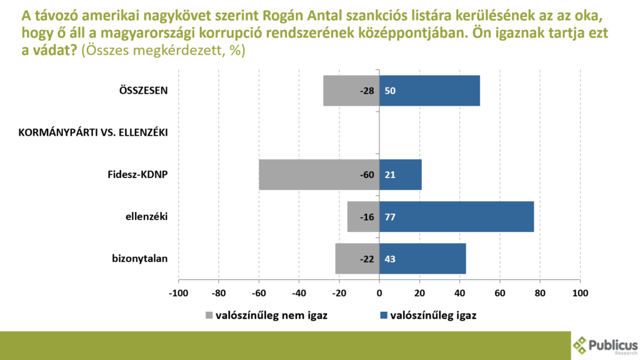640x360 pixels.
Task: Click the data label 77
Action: click(x=390, y=217)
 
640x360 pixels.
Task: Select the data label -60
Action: click(x=367, y=174)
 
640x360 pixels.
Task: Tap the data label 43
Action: click(x=390, y=259)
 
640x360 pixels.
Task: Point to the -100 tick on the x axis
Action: click(x=179, y=292)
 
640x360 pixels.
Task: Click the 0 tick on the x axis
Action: click(x=379, y=292)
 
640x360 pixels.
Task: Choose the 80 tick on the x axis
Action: click(x=540, y=292)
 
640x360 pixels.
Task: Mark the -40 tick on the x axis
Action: click(x=299, y=292)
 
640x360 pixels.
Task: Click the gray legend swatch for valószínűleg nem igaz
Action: click(x=209, y=315)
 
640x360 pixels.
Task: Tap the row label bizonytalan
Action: click(x=141, y=259)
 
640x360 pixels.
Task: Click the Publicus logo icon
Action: click(x=581, y=344)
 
